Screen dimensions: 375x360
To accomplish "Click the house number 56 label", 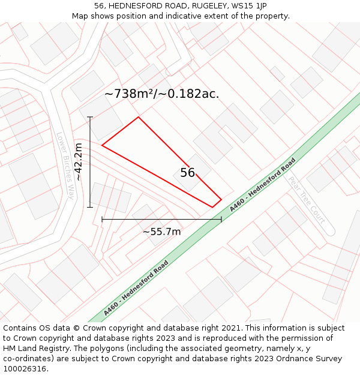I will (188, 173).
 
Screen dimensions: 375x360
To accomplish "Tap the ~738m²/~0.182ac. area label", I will (161, 94).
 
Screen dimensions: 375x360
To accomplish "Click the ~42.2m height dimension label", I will (78, 162).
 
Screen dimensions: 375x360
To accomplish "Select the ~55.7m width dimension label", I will (161, 232).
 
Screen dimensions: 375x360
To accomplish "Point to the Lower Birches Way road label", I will (65, 166).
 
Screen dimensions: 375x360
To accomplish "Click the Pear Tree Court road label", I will (307, 199).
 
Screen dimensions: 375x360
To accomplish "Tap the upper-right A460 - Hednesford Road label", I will (263, 184).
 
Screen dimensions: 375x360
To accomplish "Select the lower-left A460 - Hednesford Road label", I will (136, 288).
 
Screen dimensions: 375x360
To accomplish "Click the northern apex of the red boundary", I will (139, 117).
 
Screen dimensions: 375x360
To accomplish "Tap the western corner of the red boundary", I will (102, 145).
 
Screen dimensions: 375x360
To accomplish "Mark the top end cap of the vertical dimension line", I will (90, 117).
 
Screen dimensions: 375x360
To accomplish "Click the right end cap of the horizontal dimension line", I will (221, 220).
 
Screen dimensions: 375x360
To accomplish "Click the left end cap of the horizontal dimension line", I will (102, 220).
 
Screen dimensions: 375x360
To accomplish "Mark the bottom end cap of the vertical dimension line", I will (90, 208).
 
